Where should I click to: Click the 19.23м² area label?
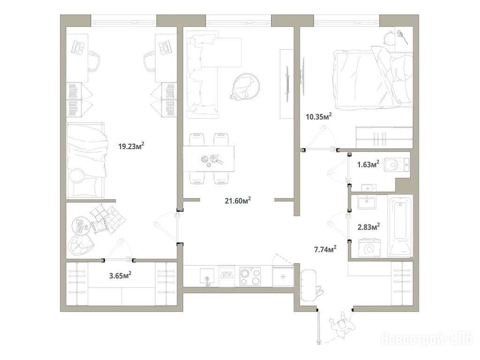131,146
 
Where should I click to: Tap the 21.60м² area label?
238,201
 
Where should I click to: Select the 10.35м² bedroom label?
319,116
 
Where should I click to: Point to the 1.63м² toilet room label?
368,164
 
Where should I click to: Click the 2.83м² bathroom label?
369,227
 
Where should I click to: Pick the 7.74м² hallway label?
325,249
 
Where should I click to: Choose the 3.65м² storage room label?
120,276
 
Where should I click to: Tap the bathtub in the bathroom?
400,226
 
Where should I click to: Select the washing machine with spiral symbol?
369,248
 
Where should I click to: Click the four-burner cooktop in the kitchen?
250,276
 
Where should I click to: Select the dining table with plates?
209,159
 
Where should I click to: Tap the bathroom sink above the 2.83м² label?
367,203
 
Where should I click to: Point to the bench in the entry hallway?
308,285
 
